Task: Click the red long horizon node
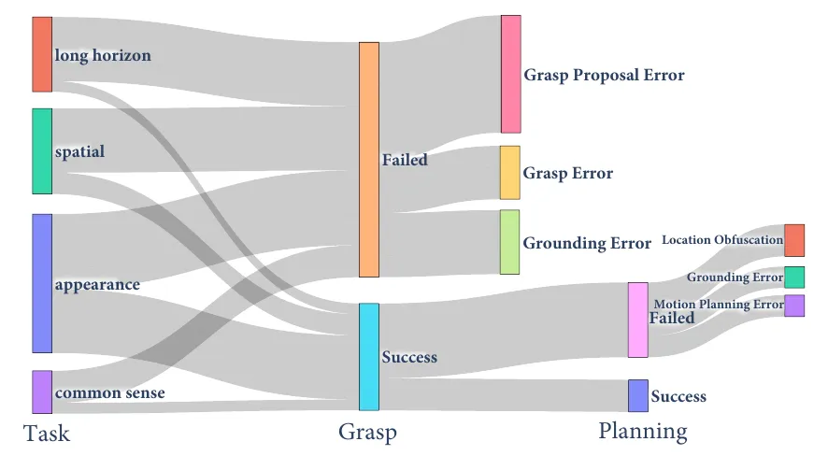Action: (41, 54)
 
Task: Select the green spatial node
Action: (41, 151)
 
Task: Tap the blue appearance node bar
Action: (41, 283)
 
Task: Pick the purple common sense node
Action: (41, 392)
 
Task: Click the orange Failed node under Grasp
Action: (369, 160)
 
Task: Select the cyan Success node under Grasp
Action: (369, 357)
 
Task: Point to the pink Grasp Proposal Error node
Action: (510, 74)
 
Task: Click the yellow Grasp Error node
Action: (509, 173)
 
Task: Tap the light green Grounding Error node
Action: (509, 242)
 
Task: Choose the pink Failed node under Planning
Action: (637, 320)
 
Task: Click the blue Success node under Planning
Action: (637, 396)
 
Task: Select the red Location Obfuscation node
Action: (793, 240)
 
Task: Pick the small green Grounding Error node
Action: (793, 278)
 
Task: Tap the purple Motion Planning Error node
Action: (793, 306)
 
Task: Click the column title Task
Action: (47, 434)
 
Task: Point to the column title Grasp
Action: (367, 432)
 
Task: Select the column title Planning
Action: (643, 431)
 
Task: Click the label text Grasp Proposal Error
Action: (604, 76)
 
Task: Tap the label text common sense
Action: (109, 393)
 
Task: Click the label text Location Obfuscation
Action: (721, 241)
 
